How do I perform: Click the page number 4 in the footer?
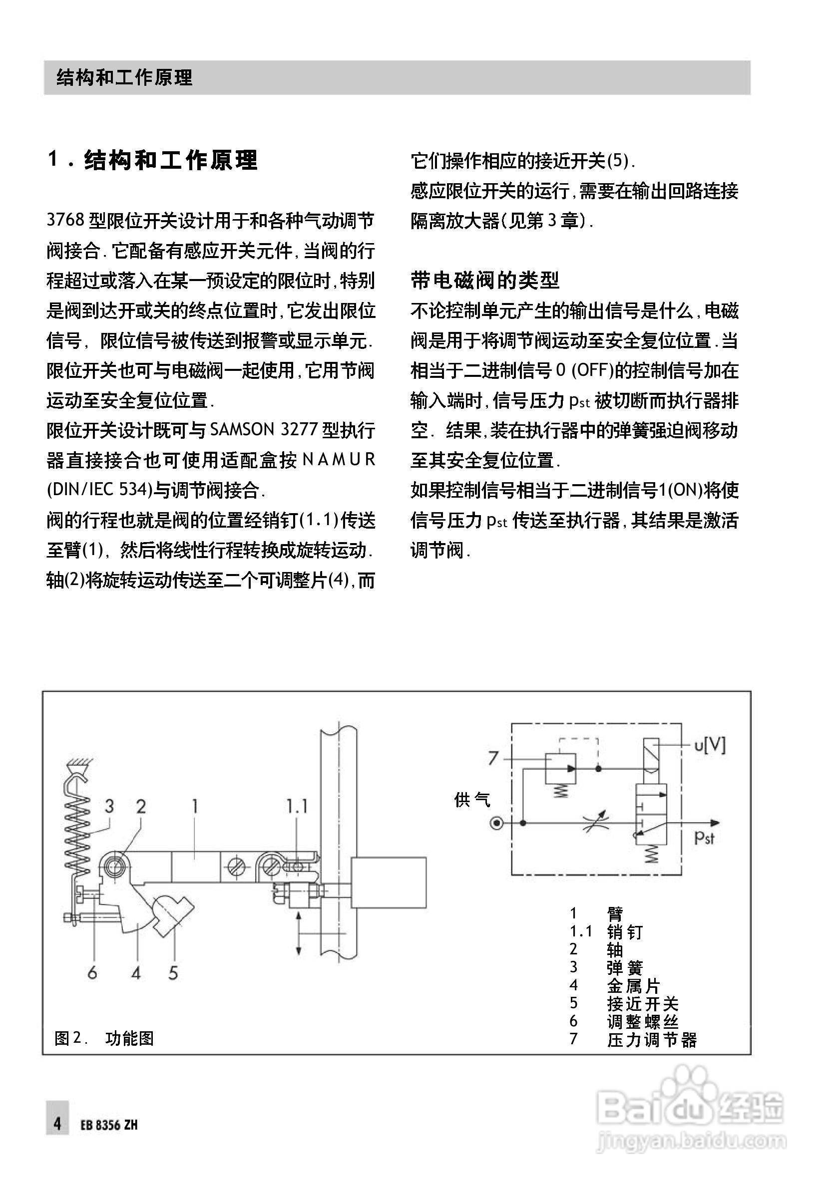[x=57, y=1123]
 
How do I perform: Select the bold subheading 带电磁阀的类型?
[x=485, y=281]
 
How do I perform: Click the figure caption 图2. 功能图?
[x=104, y=1038]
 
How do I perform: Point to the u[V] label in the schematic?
[x=710, y=746]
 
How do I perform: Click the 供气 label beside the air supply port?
[x=471, y=800]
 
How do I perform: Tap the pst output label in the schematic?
[x=704, y=837]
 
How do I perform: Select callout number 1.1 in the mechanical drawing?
[x=297, y=806]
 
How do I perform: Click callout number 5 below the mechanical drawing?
[x=173, y=973]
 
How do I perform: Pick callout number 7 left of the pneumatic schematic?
[x=493, y=759]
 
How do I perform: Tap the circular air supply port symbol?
[x=496, y=823]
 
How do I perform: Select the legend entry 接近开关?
[x=642, y=1004]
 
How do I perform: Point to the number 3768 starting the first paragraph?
[x=65, y=221]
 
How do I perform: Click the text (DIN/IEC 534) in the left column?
[x=99, y=490]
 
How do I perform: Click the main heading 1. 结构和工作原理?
[x=153, y=160]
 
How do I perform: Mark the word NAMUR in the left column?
[x=339, y=459]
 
